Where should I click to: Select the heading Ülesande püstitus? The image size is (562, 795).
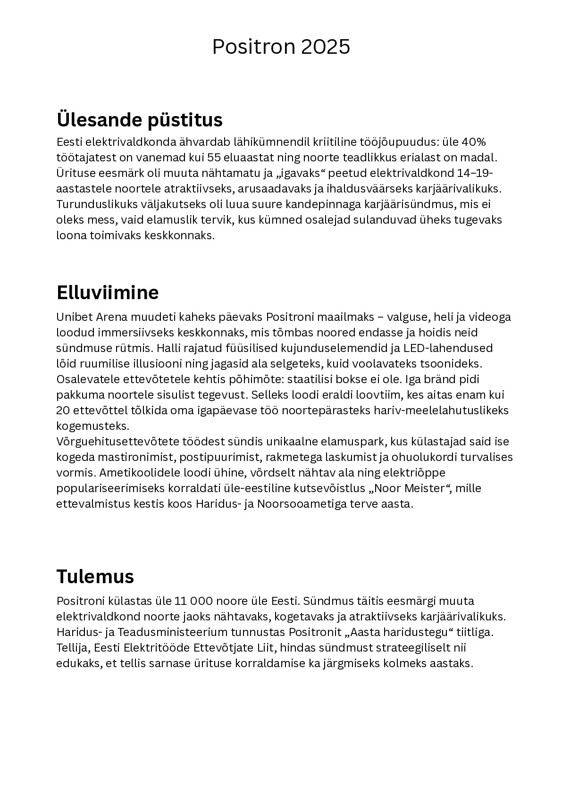[139, 119]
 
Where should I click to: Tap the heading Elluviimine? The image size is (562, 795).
[107, 293]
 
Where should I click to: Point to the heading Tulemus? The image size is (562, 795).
[95, 576]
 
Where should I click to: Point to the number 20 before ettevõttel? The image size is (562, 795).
[63, 410]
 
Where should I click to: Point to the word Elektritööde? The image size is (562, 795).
[150, 648]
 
